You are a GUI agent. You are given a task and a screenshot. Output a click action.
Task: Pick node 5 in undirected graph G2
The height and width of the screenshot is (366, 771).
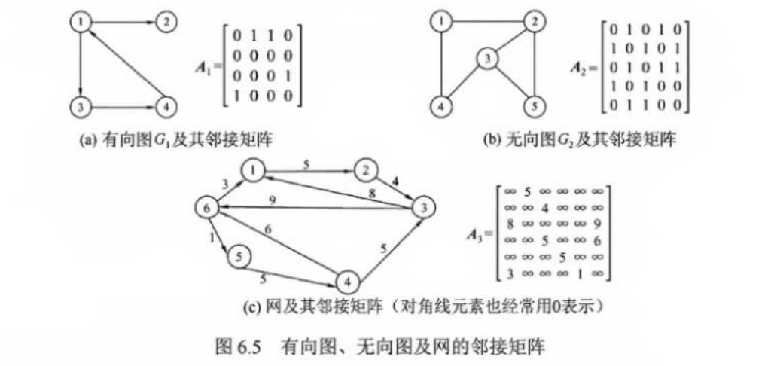point(533,106)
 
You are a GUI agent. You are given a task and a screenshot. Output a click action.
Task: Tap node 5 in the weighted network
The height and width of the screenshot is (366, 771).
point(239,256)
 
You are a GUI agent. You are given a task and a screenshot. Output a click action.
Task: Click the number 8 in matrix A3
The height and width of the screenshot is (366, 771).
point(510,223)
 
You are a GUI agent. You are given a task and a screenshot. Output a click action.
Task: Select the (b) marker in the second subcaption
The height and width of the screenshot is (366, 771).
point(493,140)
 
